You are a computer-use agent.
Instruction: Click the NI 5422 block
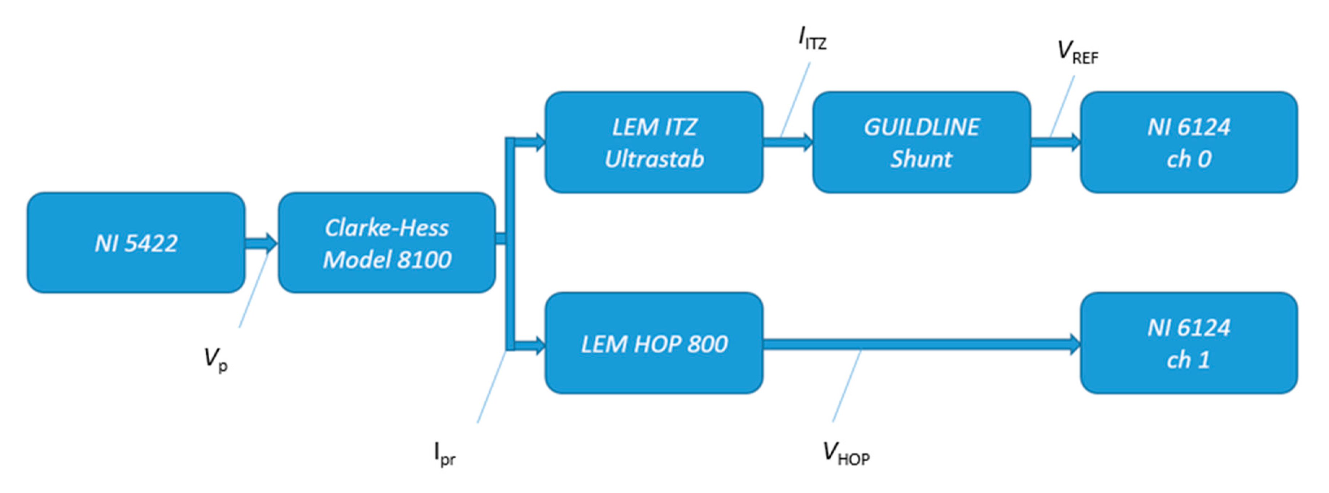(136, 243)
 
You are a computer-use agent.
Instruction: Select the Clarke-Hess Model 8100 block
(386, 243)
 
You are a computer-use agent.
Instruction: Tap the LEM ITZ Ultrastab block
(653, 143)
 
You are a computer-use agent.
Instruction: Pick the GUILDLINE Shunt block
(922, 143)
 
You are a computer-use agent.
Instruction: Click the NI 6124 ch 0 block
(1189, 143)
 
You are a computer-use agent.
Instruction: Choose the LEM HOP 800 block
(653, 343)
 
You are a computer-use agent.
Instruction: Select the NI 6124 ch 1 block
(1189, 343)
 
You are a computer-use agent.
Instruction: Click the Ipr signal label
(444, 454)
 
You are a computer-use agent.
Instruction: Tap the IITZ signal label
(812, 39)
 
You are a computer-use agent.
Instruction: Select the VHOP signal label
(845, 454)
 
